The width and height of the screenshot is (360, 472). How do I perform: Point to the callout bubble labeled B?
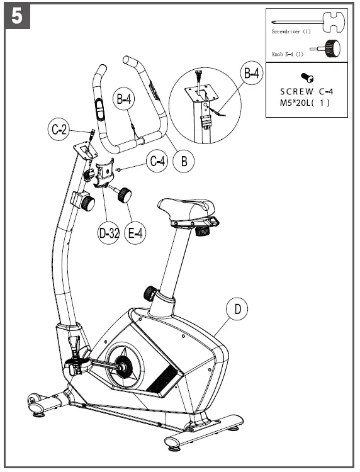click(x=184, y=161)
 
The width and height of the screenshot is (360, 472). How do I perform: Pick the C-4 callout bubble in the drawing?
click(x=157, y=161)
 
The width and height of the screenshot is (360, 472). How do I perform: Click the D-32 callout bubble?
click(x=109, y=233)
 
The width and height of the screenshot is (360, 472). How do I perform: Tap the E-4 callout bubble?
click(x=136, y=233)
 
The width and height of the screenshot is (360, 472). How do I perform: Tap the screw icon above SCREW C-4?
click(x=308, y=77)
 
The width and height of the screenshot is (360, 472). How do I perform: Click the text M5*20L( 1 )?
click(x=305, y=103)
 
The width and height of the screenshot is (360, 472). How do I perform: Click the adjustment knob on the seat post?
click(x=150, y=293)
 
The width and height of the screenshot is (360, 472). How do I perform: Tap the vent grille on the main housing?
click(x=167, y=378)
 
